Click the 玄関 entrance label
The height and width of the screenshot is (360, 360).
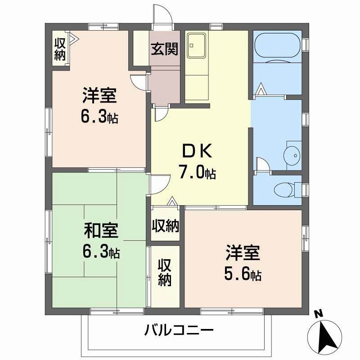click(164, 49)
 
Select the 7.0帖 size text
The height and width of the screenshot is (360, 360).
click(197, 172)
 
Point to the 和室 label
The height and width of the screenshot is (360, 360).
click(101, 230)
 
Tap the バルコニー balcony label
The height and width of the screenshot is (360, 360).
click(179, 332)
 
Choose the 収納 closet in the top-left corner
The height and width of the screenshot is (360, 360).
click(60, 49)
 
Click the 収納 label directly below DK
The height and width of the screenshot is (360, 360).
click(165, 225)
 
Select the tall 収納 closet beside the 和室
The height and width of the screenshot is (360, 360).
click(164, 274)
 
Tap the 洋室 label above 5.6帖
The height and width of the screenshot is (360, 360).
click(243, 254)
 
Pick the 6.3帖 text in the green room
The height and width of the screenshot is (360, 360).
click(101, 252)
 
